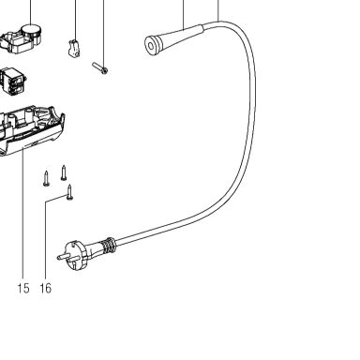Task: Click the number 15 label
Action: tap(23, 288)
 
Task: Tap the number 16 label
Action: tap(46, 288)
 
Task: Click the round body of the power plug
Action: tap(74, 254)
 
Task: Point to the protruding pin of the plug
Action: tap(62, 256)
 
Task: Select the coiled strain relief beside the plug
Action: tap(107, 246)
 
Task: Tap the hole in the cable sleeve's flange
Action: tap(151, 47)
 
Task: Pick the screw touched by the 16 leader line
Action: tap(70, 191)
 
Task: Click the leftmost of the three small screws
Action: tap(46, 178)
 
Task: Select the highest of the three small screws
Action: tap(64, 172)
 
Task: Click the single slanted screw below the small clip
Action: tap(100, 68)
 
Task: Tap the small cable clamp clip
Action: tap(74, 49)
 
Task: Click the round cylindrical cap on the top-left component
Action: tap(31, 31)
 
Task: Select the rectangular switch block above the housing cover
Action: tap(13, 81)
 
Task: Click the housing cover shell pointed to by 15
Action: tap(31, 130)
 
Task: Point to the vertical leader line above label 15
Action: tap(23, 215)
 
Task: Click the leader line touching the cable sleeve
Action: tap(184, 14)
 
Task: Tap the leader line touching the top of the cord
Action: tap(218, 10)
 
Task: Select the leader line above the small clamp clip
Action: tap(75, 20)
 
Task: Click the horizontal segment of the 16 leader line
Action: tap(56, 199)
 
